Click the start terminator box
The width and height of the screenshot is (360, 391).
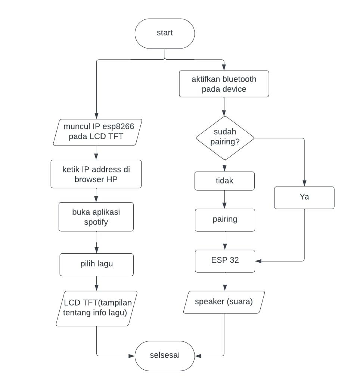pos(165,33)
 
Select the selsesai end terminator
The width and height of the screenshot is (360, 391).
pos(165,356)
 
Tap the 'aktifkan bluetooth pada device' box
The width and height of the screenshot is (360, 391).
pos(224,84)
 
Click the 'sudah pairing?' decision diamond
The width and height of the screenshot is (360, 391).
pos(225,138)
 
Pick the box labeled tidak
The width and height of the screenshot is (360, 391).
pos(224,181)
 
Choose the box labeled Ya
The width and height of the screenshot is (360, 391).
pos(304,197)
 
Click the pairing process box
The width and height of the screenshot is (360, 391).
pos(225,219)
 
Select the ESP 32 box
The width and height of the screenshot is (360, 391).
pos(225,261)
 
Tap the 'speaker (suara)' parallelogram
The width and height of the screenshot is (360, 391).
pos(224,302)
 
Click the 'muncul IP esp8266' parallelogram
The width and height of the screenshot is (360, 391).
pos(96,132)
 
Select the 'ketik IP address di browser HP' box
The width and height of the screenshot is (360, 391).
pos(96,174)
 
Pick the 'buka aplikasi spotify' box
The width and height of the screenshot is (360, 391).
pos(96,217)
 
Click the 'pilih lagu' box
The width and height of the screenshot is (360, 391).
pos(96,265)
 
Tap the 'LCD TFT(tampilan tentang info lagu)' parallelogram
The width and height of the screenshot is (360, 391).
pos(96,308)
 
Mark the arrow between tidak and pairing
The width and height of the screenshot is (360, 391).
pos(224,200)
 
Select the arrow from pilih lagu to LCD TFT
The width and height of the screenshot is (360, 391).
pos(96,284)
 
